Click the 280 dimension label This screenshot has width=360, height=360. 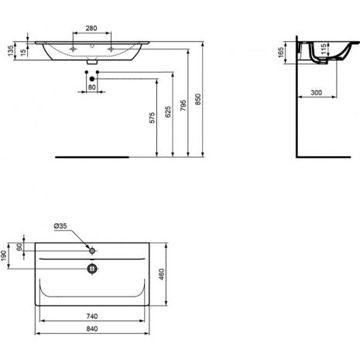pyautogui.click(x=91, y=28)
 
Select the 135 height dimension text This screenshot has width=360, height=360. pyautogui.click(x=11, y=51)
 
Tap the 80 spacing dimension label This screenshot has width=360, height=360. pyautogui.click(x=92, y=87)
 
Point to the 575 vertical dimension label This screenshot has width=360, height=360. pyautogui.click(x=153, y=118)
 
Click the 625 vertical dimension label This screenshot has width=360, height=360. pyautogui.click(x=168, y=111)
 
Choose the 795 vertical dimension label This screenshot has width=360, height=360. pyautogui.click(x=183, y=105)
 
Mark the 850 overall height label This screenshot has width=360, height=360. pyautogui.click(x=198, y=99)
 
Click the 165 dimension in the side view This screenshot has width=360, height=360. pyautogui.click(x=281, y=53)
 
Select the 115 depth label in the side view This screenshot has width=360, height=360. pyautogui.click(x=323, y=50)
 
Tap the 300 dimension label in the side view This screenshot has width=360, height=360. pyautogui.click(x=317, y=92)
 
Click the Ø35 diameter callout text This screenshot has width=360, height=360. pyautogui.click(x=60, y=226)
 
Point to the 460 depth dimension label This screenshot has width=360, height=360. pyautogui.click(x=161, y=274)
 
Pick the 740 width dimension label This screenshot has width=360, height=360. pyautogui.click(x=92, y=316)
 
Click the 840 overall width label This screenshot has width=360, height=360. pyautogui.click(x=92, y=329)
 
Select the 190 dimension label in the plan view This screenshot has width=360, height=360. pyautogui.click(x=4, y=255)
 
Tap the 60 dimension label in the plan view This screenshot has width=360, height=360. pyautogui.click(x=19, y=247)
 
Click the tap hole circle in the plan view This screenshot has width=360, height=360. pyautogui.click(x=92, y=251)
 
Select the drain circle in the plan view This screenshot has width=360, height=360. pyautogui.click(x=92, y=269)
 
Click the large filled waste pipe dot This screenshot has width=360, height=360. pyautogui.click(x=92, y=79)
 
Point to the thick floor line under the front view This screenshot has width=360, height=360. pyautogui.click(x=92, y=157)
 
